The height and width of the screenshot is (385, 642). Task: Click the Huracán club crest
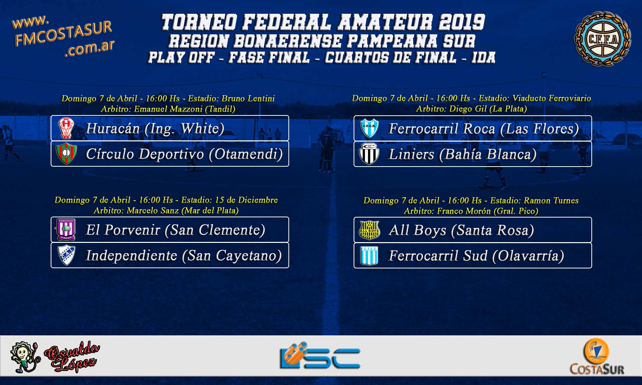(66, 128)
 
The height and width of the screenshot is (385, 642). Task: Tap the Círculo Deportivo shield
(66, 154)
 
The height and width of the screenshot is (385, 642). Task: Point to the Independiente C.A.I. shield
(66, 255)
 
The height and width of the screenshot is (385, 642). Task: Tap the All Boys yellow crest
(369, 230)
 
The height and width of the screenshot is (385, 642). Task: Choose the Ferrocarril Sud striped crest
(369, 256)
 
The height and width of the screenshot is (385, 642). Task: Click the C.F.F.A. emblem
(603, 39)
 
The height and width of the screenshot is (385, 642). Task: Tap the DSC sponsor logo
(320, 356)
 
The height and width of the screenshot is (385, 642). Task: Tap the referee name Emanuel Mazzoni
(168, 109)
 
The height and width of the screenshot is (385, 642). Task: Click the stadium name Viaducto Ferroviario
(552, 98)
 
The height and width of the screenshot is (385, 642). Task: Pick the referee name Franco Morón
(464, 211)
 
